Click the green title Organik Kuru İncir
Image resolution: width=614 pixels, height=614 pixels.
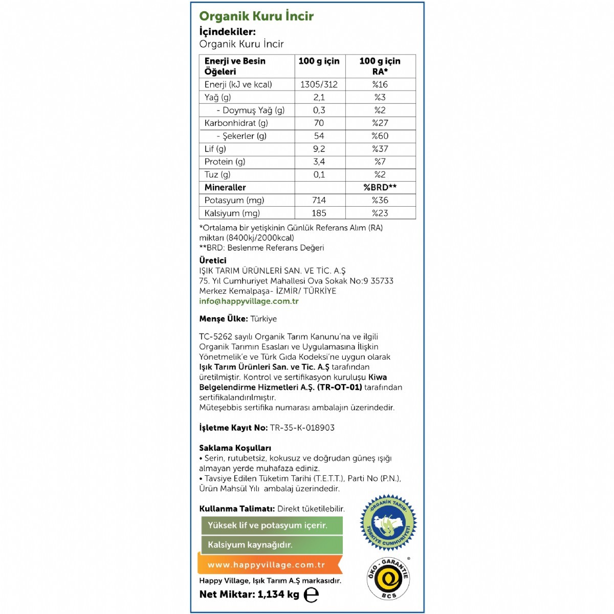pos(256,16)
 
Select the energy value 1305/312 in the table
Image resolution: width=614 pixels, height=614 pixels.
pos(319,84)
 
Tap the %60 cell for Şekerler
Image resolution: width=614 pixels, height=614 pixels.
pos(380,136)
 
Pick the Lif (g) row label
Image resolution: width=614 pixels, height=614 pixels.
pos(215,149)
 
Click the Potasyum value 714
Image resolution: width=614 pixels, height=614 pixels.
pos(319,201)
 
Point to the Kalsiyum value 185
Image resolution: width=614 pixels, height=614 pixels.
pos(319,213)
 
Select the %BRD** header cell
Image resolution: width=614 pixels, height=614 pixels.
pos(380,187)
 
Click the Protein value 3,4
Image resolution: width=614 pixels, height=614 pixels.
pos(319,162)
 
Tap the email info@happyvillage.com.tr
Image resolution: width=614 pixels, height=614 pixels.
pos(249,301)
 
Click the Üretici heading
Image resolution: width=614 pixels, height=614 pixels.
pos(212,260)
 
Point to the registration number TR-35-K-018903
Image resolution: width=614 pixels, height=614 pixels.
pos(302,428)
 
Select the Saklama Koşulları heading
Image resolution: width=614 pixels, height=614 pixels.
pos(235,448)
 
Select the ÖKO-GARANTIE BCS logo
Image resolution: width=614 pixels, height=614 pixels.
pos(388,578)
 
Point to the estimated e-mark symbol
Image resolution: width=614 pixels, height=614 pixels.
pos(311,595)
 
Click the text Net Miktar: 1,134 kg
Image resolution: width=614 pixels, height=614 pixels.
pos(249,595)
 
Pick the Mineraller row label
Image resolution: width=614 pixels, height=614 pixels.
pos(225,188)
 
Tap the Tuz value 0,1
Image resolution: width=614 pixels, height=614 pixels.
pos(319,175)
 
